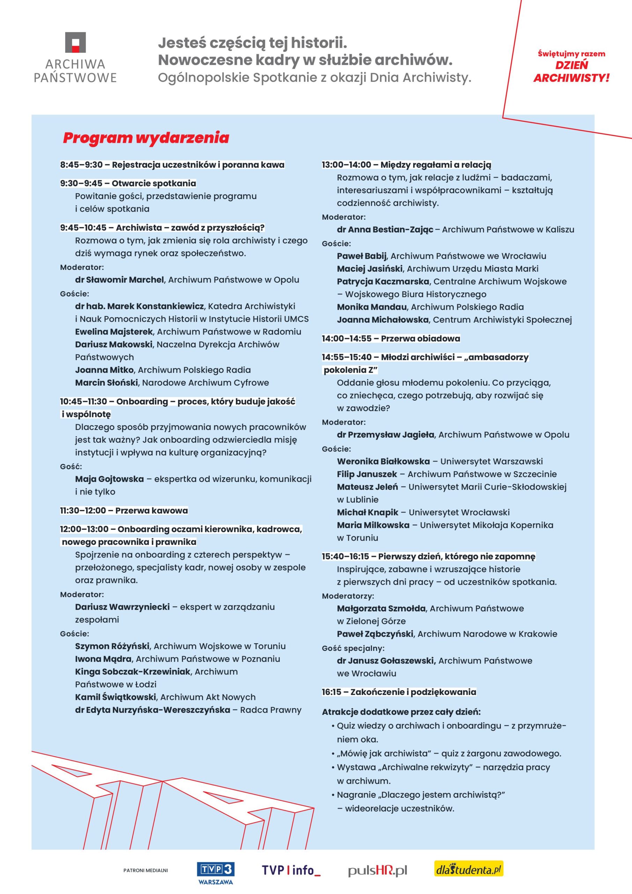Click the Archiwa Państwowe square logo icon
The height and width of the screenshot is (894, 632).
click(x=75, y=43)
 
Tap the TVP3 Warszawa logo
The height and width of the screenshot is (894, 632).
click(x=215, y=872)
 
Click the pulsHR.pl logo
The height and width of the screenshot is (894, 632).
click(x=378, y=870)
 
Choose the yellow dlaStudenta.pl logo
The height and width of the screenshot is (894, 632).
click(x=469, y=869)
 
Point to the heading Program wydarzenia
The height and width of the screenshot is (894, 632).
click(x=146, y=138)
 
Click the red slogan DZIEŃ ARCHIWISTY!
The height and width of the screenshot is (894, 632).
click(x=571, y=71)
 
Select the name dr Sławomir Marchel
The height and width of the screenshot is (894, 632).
click(x=119, y=280)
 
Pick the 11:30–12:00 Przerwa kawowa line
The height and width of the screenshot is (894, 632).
click(x=124, y=511)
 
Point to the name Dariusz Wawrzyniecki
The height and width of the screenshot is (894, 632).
click(x=122, y=607)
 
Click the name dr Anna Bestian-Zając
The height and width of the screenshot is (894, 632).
click(x=385, y=229)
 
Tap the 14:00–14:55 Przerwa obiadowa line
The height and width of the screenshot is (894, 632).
click(x=391, y=338)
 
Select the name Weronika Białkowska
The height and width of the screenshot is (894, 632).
click(x=383, y=461)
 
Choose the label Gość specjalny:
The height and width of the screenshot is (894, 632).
click(x=353, y=648)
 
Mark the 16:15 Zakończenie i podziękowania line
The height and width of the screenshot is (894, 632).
click(x=399, y=692)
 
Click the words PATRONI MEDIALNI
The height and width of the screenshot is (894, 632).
click(x=146, y=870)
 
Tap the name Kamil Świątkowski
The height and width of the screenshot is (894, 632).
click(x=116, y=697)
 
